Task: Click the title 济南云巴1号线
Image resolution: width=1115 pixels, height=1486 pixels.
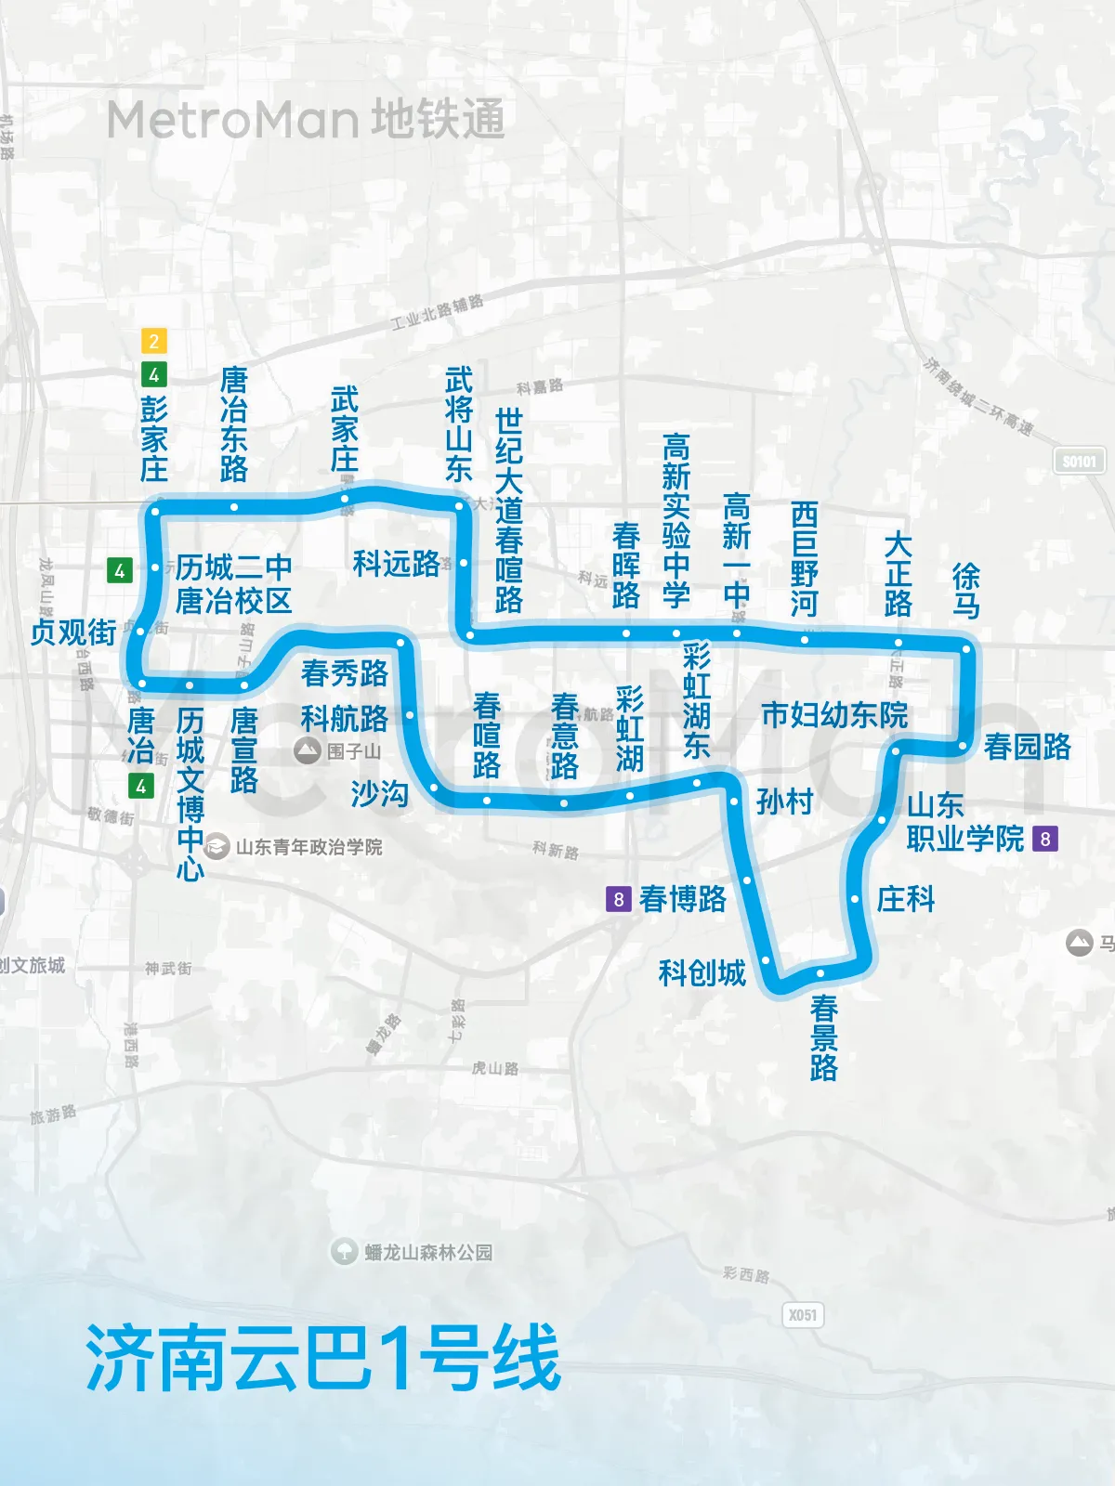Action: pyautogui.click(x=323, y=1358)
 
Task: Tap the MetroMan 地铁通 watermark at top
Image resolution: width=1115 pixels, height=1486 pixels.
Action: pyautogui.click(x=306, y=120)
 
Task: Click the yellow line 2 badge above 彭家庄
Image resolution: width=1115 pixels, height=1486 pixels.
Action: pyautogui.click(x=153, y=341)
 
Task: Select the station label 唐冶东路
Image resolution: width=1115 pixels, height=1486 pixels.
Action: pyautogui.click(x=234, y=424)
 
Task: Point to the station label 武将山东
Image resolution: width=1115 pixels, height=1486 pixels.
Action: pyautogui.click(x=459, y=424)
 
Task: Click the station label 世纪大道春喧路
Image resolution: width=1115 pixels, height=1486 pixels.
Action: pyautogui.click(x=508, y=511)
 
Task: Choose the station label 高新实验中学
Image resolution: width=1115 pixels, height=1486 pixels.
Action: pyautogui.click(x=676, y=520)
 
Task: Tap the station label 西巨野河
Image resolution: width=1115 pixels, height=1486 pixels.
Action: pyautogui.click(x=804, y=559)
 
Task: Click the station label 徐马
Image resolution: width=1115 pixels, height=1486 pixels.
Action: pyautogui.click(x=966, y=591)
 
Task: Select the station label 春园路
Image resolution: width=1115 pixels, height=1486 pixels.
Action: pyautogui.click(x=1027, y=747)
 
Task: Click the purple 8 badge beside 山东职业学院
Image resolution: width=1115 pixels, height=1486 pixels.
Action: pyautogui.click(x=1045, y=839)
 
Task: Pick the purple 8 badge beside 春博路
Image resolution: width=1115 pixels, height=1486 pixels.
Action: pyautogui.click(x=618, y=899)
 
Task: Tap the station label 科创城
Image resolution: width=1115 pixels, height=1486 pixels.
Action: pyautogui.click(x=702, y=972)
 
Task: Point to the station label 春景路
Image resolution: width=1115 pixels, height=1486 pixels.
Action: pyautogui.click(x=823, y=1038)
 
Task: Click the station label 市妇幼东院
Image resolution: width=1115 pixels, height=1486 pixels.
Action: pyautogui.click(x=834, y=715)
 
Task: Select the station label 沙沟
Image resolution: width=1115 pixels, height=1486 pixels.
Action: pyautogui.click(x=379, y=794)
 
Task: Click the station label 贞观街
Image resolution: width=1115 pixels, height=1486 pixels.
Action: pyautogui.click(x=73, y=632)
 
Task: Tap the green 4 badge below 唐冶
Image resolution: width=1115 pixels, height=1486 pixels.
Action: pyautogui.click(x=140, y=787)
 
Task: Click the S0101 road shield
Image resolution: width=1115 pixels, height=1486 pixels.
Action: pyautogui.click(x=1079, y=461)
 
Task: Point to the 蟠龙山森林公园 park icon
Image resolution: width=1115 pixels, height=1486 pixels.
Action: pyautogui.click(x=345, y=1252)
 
